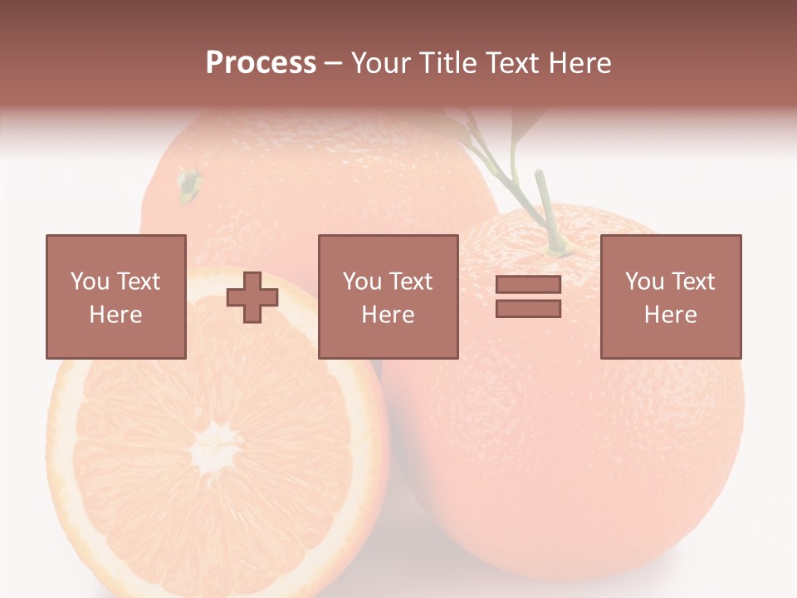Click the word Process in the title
pyautogui.click(x=261, y=63)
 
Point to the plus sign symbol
pyautogui.click(x=252, y=297)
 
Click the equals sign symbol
pyautogui.click(x=528, y=297)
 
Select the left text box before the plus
pyautogui.click(x=116, y=297)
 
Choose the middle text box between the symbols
pyautogui.click(x=389, y=297)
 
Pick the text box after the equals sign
pyautogui.click(x=671, y=297)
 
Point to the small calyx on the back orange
pyautogui.click(x=189, y=183)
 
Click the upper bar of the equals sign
pyautogui.click(x=528, y=285)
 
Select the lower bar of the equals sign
pyautogui.click(x=528, y=308)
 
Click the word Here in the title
pyautogui.click(x=579, y=63)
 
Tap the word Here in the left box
pyautogui.click(x=115, y=315)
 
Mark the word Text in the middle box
pyautogui.click(x=411, y=282)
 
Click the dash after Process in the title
pyautogui.click(x=334, y=63)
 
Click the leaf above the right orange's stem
pyautogui.click(x=523, y=125)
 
